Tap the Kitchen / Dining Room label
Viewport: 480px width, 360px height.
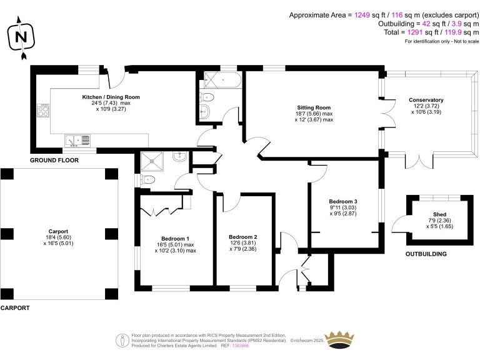pyautogui.click(x=111, y=97)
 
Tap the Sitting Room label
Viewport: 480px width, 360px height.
pyautogui.click(x=314, y=107)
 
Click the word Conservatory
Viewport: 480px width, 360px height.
pyautogui.click(x=426, y=100)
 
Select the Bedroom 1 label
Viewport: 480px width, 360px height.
pyautogui.click(x=175, y=239)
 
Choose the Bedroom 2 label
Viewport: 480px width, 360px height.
pyautogui.click(x=243, y=237)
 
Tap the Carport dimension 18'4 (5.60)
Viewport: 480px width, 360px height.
pyautogui.click(x=59, y=237)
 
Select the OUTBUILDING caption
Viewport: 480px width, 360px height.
pyautogui.click(x=427, y=254)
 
